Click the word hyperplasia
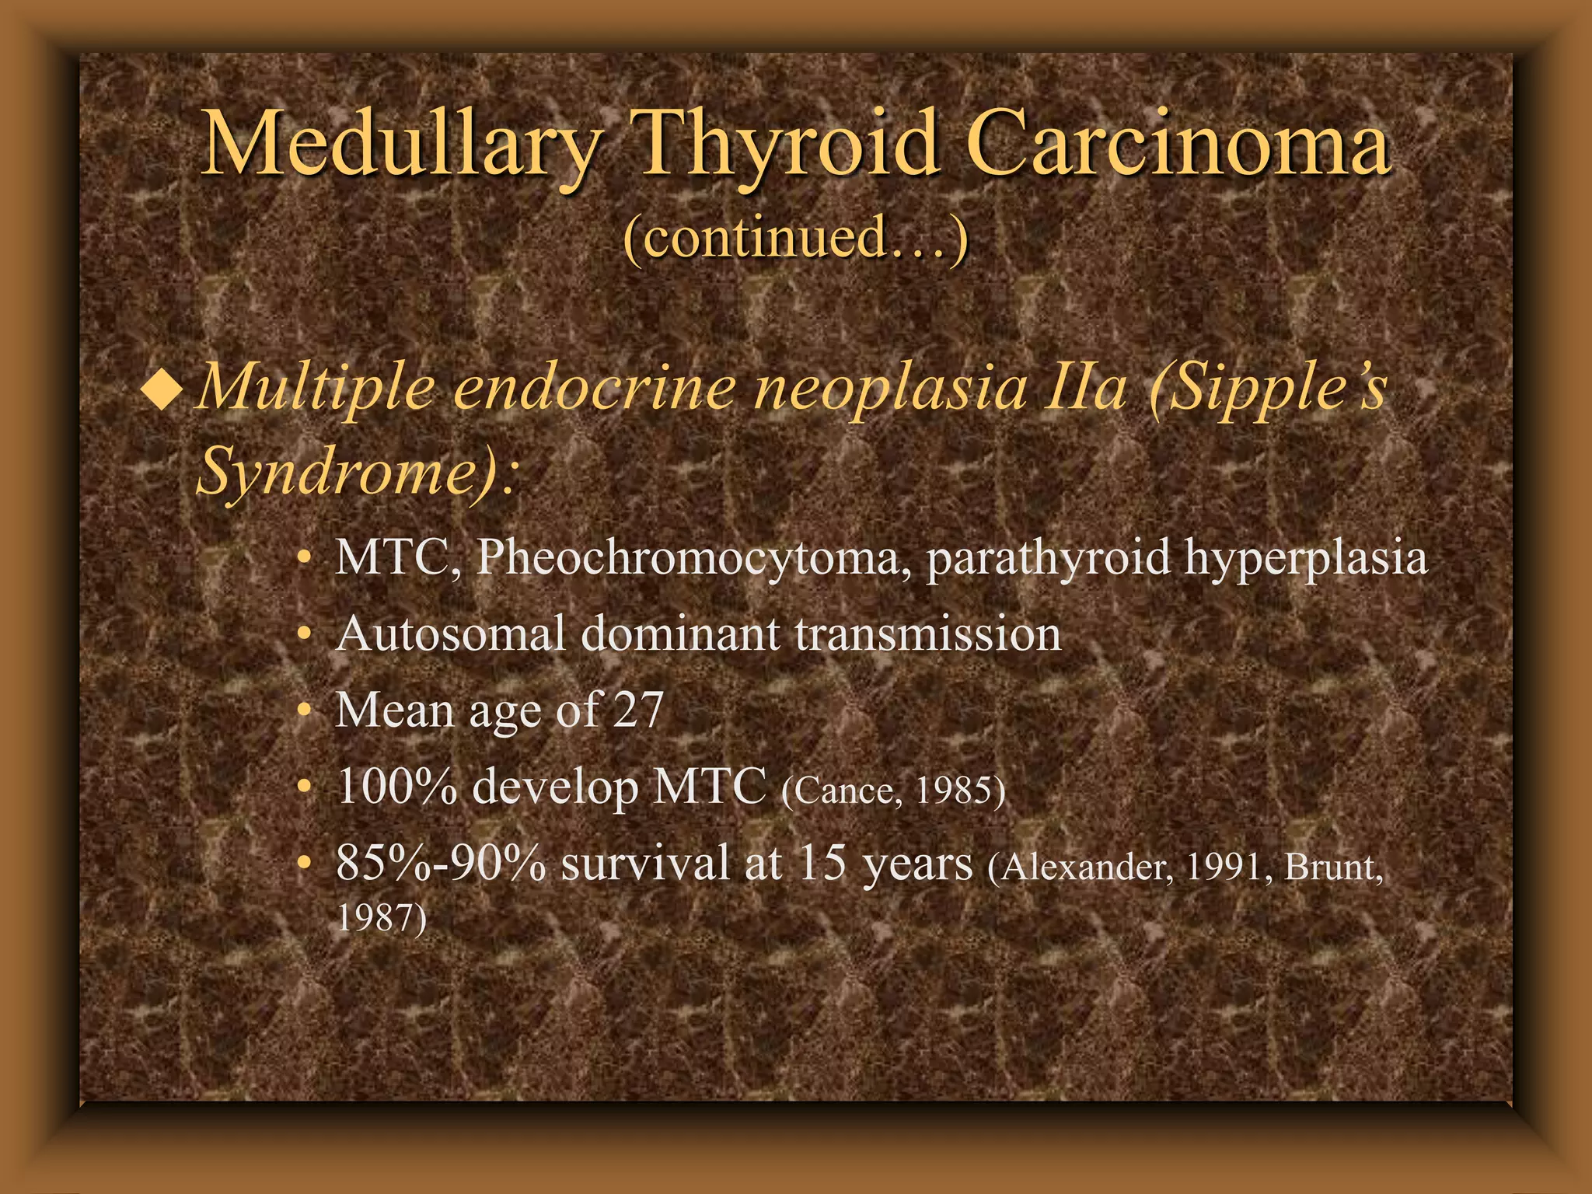(x=1305, y=558)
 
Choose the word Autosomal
(x=451, y=634)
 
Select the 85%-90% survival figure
(x=441, y=863)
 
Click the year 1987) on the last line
(x=381, y=917)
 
